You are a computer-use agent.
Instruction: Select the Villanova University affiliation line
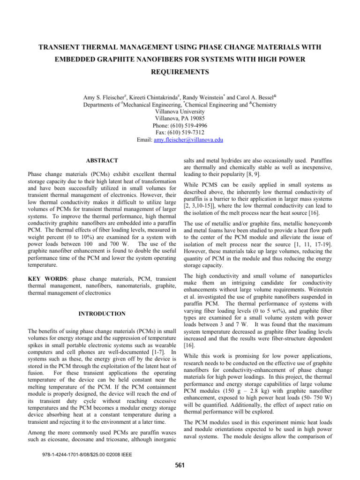coord(180,112)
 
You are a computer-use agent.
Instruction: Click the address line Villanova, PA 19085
coord(180,119)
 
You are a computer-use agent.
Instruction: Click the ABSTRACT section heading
coord(102,161)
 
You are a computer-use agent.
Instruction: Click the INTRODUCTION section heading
coord(102,313)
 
